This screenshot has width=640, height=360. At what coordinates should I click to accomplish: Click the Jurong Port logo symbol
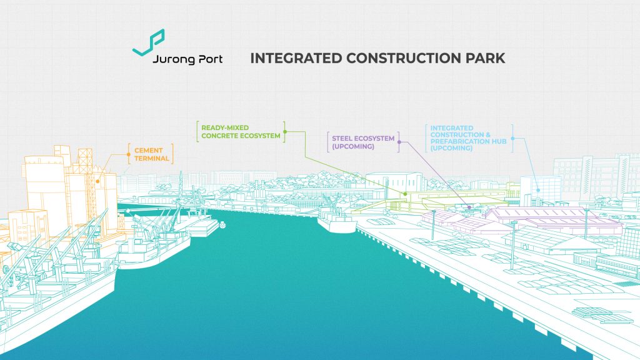click(x=149, y=43)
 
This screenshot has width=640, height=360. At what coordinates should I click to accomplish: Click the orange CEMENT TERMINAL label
click(x=152, y=154)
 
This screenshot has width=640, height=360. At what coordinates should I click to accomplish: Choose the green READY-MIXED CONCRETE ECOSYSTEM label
click(x=241, y=132)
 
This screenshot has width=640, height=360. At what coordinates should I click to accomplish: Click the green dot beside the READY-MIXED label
click(x=284, y=132)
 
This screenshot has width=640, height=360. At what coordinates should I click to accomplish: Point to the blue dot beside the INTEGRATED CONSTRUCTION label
click(x=512, y=137)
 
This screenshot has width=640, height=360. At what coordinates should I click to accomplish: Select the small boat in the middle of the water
click(x=224, y=221)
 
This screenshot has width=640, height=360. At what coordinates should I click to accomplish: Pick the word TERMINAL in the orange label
click(x=152, y=159)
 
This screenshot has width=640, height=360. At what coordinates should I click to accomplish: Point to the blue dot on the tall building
click(x=539, y=189)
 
